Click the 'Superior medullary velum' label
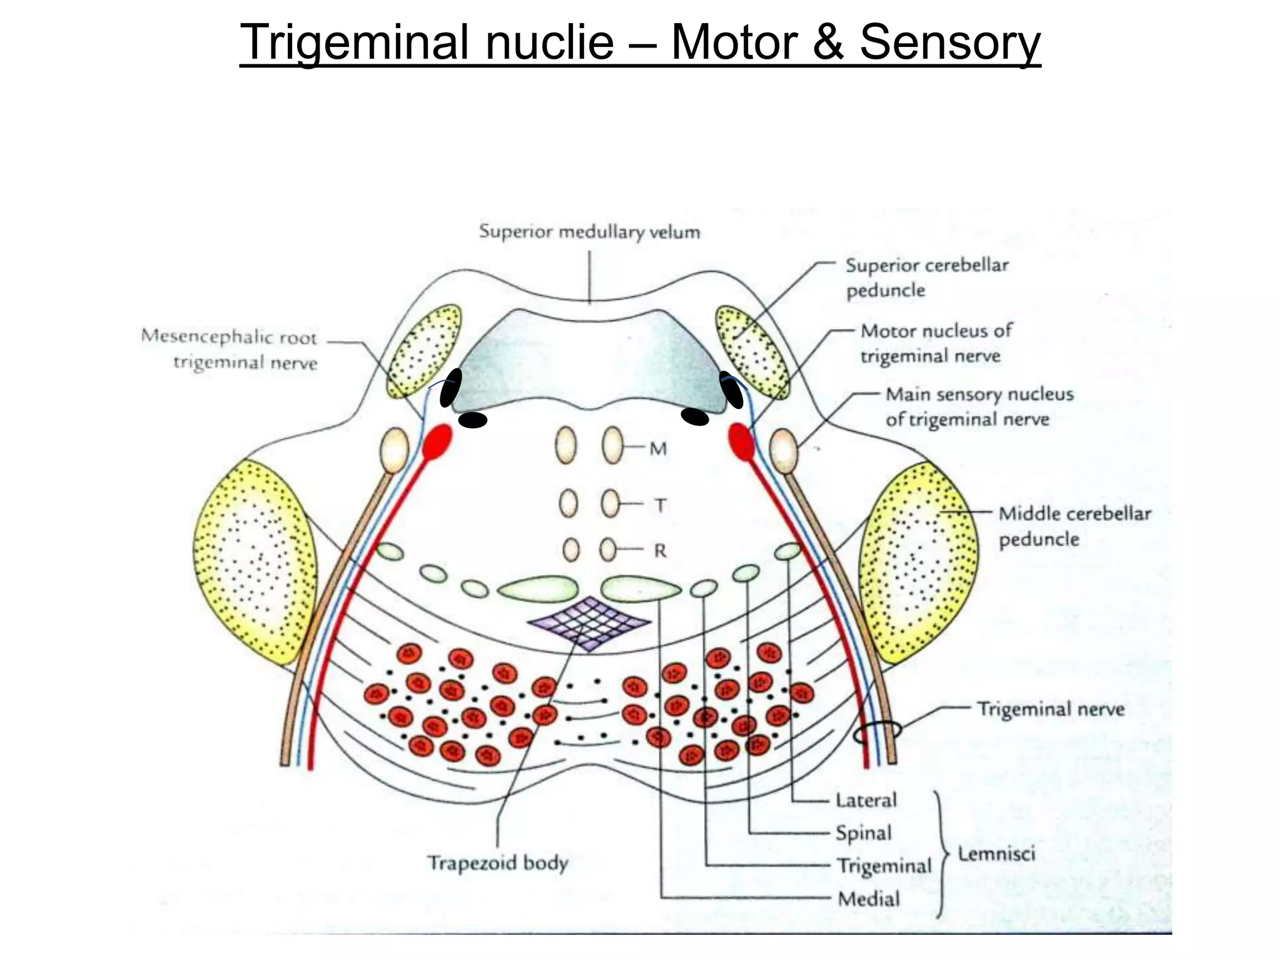coord(589,232)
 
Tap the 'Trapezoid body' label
coord(497,863)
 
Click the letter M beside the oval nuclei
coord(658,449)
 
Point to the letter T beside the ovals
coord(660,505)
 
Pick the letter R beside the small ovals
coord(660,551)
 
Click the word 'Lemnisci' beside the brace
coord(996,853)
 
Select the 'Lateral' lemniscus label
coord(866,800)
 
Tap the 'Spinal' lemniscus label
coord(864,833)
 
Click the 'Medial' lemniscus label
coord(869,899)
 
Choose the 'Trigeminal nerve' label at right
coord(1051,709)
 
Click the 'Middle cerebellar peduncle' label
coord(1074,526)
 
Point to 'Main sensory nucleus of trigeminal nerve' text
coord(979,407)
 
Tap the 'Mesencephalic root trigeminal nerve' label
coord(230,350)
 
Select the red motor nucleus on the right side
coord(741,441)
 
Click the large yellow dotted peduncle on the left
coord(255,561)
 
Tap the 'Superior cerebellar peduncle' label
coord(926,278)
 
